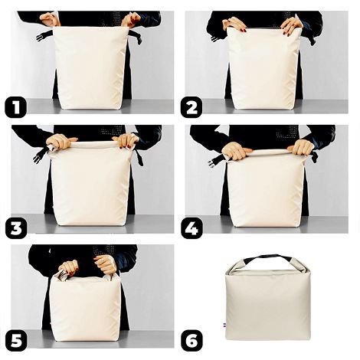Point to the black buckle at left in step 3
[38, 155]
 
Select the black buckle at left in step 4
[215, 160]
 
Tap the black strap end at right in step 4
[314, 156]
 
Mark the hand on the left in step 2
[235, 25]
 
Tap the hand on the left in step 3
[57, 141]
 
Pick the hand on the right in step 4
[301, 146]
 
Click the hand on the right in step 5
[105, 264]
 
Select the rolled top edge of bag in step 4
[268, 153]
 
